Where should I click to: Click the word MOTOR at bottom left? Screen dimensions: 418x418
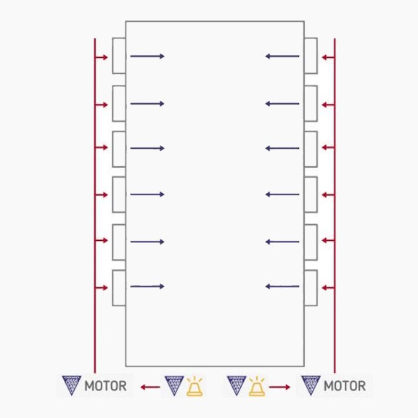105,386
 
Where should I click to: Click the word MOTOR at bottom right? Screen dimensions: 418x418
345,386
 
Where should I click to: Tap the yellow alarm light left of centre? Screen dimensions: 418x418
194,386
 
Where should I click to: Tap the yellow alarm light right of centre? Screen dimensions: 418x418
257,386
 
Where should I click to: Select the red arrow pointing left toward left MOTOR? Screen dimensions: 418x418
150,387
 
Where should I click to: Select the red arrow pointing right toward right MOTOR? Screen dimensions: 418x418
279,387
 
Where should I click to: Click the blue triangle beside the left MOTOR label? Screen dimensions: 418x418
71,385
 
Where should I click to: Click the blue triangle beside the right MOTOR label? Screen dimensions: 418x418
311,385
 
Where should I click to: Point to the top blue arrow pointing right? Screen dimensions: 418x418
147,56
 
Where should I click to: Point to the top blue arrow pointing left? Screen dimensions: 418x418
282,56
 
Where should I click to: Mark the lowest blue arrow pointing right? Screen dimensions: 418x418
147,287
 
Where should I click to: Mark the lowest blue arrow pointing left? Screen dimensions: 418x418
282,287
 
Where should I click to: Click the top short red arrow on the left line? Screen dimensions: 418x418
102,57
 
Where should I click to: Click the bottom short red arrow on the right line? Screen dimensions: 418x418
328,287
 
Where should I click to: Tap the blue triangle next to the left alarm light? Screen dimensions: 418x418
174,385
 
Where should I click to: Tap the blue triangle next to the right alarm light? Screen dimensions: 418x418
237,385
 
